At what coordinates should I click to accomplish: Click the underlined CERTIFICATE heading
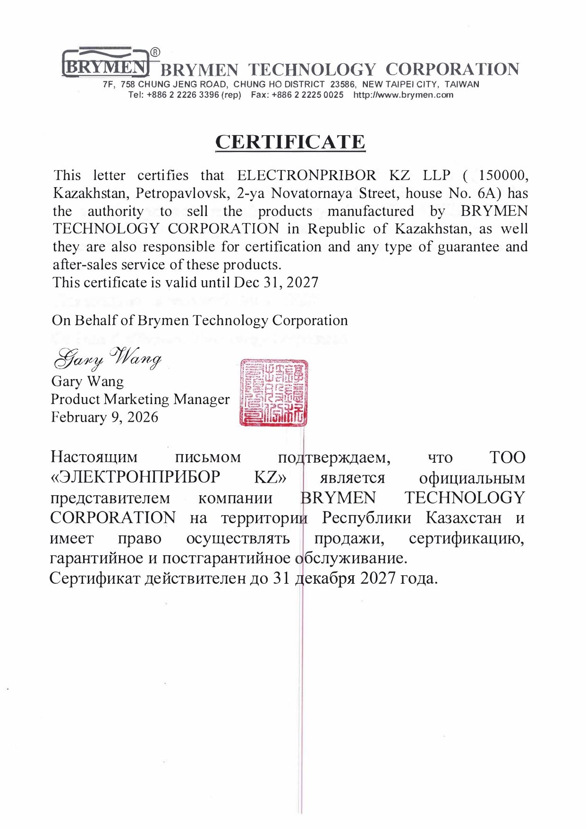(x=290, y=142)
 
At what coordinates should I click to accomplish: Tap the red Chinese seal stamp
(x=273, y=393)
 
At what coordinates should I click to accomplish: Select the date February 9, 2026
(x=104, y=417)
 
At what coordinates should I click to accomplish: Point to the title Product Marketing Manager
(x=140, y=399)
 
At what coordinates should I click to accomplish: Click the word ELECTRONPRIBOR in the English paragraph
(x=306, y=175)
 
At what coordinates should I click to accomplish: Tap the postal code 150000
(x=502, y=175)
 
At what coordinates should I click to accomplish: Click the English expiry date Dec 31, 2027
(x=276, y=283)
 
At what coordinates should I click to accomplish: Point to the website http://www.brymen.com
(x=403, y=95)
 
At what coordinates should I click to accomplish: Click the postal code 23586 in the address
(x=343, y=85)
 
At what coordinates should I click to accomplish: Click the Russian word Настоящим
(x=94, y=457)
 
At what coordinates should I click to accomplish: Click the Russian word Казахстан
(x=463, y=518)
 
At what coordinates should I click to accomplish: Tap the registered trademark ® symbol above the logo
(x=155, y=52)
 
